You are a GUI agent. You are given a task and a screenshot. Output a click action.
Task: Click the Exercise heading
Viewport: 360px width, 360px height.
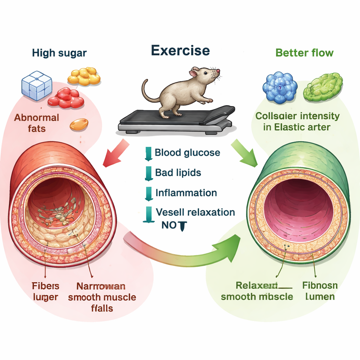[180, 51]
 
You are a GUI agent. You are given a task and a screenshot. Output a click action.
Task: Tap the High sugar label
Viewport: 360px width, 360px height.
[59, 53]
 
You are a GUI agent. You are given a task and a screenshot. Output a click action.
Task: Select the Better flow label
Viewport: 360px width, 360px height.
[304, 53]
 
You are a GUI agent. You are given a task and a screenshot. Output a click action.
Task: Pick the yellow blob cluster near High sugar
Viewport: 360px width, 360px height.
[84, 76]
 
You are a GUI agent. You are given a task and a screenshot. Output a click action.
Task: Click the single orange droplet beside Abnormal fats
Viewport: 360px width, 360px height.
[79, 124]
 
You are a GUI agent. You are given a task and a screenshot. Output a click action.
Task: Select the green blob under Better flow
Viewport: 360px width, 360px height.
[323, 87]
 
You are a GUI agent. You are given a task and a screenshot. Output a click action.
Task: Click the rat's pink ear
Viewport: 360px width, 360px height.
[194, 73]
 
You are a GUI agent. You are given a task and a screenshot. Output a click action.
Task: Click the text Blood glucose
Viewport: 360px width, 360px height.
[187, 153]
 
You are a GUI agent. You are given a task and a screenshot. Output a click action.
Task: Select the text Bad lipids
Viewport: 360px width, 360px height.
[178, 173]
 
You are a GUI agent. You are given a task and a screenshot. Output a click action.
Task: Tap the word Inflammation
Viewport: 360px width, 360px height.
[186, 193]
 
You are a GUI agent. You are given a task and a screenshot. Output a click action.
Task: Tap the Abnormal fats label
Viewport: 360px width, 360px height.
[37, 123]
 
